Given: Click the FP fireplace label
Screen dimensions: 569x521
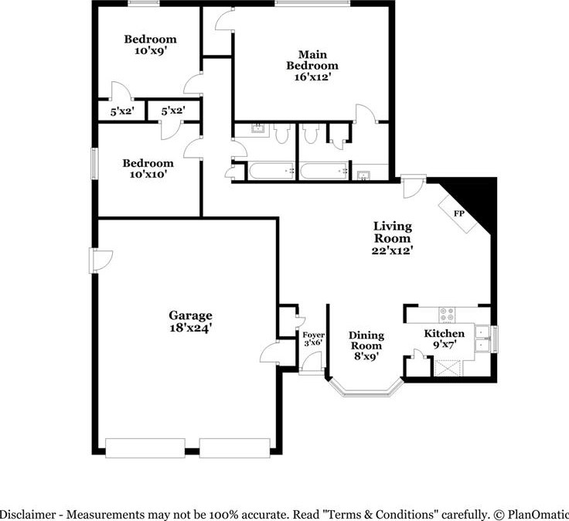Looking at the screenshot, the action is pyautogui.click(x=458, y=213).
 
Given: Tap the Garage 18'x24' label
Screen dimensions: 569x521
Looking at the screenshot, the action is pyautogui.click(x=190, y=322).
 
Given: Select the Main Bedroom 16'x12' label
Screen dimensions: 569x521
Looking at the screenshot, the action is pyautogui.click(x=312, y=66).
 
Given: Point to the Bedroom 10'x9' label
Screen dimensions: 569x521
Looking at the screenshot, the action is pyautogui.click(x=150, y=45).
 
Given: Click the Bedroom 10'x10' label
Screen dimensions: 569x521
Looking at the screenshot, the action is pyautogui.click(x=148, y=169).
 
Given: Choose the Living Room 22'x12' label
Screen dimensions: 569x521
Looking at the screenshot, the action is pyautogui.click(x=392, y=238).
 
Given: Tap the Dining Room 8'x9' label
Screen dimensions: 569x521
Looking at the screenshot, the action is pyautogui.click(x=366, y=346).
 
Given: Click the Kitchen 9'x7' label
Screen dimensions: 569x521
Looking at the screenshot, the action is pyautogui.click(x=445, y=339).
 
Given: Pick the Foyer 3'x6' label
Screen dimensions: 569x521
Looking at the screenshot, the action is pyautogui.click(x=314, y=339).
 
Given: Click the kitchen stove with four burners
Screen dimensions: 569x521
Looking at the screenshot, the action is pyautogui.click(x=447, y=315).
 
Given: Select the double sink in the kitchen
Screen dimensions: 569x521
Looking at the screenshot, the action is pyautogui.click(x=482, y=339).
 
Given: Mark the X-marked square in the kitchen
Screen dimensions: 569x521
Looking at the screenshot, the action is pyautogui.click(x=447, y=368).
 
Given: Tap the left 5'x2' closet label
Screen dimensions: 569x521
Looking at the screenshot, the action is pyautogui.click(x=122, y=111).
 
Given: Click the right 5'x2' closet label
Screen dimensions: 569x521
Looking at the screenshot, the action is pyautogui.click(x=173, y=111).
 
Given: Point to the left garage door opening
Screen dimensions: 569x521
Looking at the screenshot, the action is pyautogui.click(x=145, y=448).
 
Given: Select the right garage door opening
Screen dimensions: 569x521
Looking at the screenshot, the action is pyautogui.click(x=235, y=448).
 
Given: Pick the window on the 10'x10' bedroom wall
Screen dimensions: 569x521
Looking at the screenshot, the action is pyautogui.click(x=95, y=163).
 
